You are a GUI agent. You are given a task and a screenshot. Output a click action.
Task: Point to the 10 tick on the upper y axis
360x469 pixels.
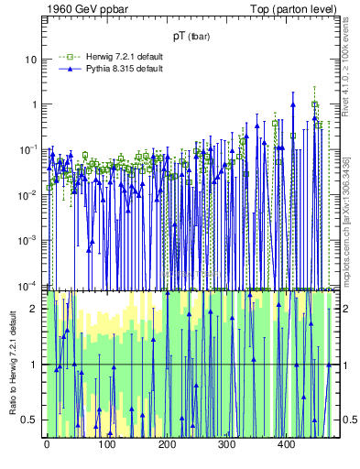(32, 59)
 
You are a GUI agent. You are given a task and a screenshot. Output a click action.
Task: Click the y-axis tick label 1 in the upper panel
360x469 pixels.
(36, 104)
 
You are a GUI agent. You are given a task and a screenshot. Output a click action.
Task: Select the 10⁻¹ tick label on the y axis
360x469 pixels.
(29, 149)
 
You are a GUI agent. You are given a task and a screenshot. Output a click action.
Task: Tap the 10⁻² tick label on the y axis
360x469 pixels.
(29, 194)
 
